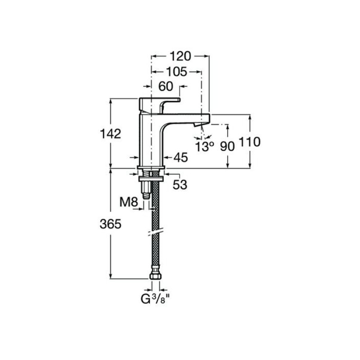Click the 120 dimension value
(180, 56)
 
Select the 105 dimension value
(176, 72)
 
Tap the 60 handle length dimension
(166, 86)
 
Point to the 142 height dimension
(110, 134)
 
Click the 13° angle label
(205, 146)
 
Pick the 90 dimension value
(228, 146)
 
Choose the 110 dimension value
(250, 142)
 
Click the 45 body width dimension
(181, 157)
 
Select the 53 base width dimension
(180, 184)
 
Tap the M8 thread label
(129, 202)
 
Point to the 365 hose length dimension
(110, 224)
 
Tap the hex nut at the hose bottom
(155, 275)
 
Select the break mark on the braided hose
(155, 232)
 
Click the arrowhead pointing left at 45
(167, 157)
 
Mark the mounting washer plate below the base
(151, 179)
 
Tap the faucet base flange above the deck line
(151, 167)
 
